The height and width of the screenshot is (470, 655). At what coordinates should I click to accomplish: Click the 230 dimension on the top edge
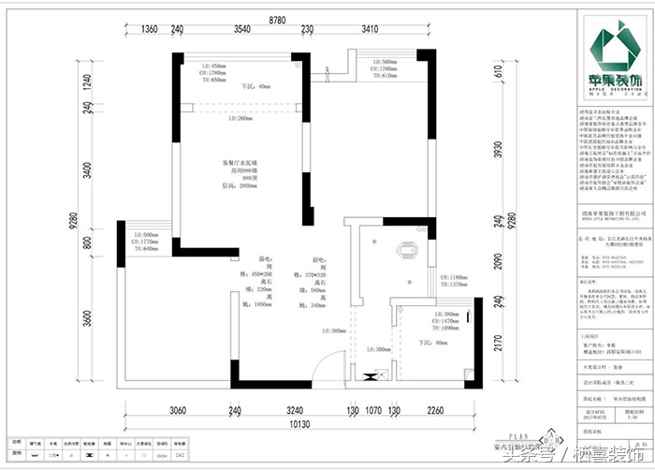(306, 30)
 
